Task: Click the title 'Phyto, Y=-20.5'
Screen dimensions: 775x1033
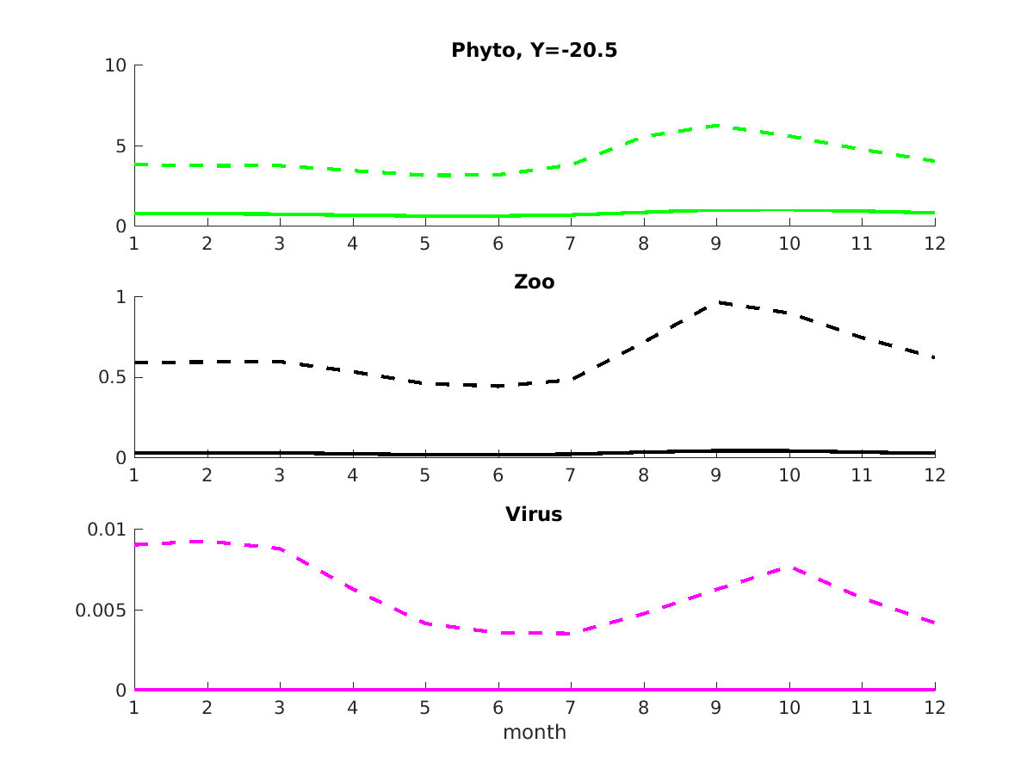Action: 534,51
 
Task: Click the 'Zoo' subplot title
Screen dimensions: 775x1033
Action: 534,282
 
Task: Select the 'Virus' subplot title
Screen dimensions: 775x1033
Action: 534,515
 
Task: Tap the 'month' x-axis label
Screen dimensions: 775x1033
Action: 534,733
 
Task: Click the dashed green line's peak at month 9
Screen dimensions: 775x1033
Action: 716,126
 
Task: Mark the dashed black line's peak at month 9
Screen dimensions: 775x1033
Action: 716,302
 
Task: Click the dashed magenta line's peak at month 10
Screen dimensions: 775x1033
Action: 789,567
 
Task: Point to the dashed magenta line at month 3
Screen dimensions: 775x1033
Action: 280,549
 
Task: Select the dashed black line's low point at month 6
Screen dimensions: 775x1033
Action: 498,386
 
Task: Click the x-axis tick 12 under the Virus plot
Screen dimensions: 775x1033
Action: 935,707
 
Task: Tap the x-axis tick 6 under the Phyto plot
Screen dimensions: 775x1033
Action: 498,244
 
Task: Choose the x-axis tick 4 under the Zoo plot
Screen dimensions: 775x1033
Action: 352,475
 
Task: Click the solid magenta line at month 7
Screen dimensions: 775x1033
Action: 571,690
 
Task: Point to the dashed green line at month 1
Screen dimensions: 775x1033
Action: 134,164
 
